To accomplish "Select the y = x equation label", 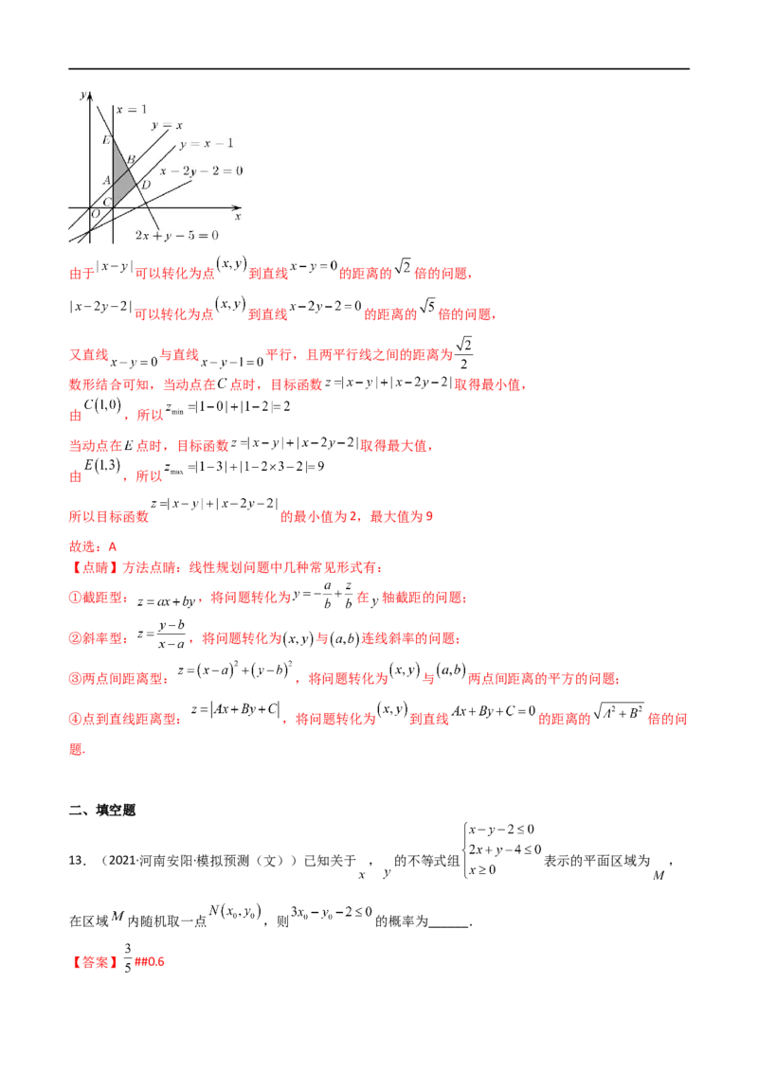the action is click(167, 125).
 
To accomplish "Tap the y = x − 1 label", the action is click(206, 143).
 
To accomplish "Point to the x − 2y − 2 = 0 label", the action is click(201, 170).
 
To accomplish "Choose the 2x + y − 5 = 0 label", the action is click(176, 235).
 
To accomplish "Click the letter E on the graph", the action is click(106, 141).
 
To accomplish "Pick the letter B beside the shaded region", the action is click(131, 158).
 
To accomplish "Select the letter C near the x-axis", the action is click(106, 202).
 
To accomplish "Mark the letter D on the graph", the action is click(145, 184).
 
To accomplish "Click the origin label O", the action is click(95, 214).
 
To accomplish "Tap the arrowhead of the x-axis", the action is click(239, 206).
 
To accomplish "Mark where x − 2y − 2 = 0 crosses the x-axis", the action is click(135, 206).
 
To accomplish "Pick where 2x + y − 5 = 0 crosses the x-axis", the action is click(146, 206).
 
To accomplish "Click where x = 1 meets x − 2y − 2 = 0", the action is click(113, 218).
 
